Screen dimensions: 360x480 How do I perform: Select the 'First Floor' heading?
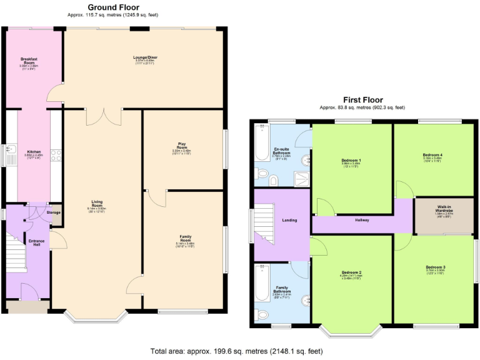point(362,99)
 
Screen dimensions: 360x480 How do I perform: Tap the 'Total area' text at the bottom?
point(237,351)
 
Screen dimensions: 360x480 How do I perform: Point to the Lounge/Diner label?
point(145,58)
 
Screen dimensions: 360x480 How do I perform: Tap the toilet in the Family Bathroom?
point(261,314)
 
